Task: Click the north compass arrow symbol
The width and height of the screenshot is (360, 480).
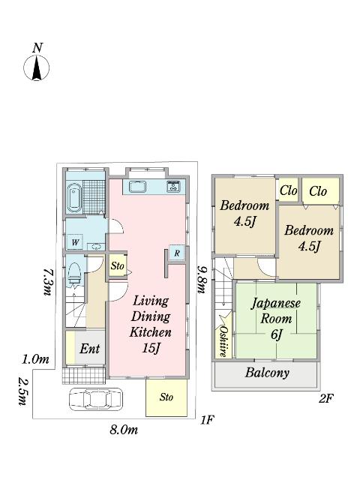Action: click(37, 67)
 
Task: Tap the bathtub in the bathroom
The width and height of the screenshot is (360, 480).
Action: click(74, 197)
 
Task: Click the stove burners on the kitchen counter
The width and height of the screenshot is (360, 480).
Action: click(173, 187)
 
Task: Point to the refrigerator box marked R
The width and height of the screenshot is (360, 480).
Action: click(177, 253)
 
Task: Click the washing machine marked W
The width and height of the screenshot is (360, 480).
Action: click(75, 241)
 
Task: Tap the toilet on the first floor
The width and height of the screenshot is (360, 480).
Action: click(74, 273)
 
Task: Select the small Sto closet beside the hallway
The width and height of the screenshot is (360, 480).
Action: click(117, 265)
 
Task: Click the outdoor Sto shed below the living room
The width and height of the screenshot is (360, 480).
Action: click(166, 397)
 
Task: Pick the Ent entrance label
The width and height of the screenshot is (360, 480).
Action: click(89, 348)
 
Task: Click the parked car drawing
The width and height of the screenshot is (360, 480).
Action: click(95, 399)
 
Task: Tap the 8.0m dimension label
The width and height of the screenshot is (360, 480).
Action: click(124, 430)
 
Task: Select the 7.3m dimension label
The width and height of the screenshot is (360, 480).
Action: click(46, 282)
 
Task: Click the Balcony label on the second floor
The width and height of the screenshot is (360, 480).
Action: click(267, 373)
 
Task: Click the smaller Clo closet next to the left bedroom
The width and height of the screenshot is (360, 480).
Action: click(288, 191)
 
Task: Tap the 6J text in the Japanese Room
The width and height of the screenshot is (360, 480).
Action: click(276, 334)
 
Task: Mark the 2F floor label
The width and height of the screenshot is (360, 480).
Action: click(326, 398)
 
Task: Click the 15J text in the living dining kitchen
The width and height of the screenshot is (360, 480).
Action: click(151, 348)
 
